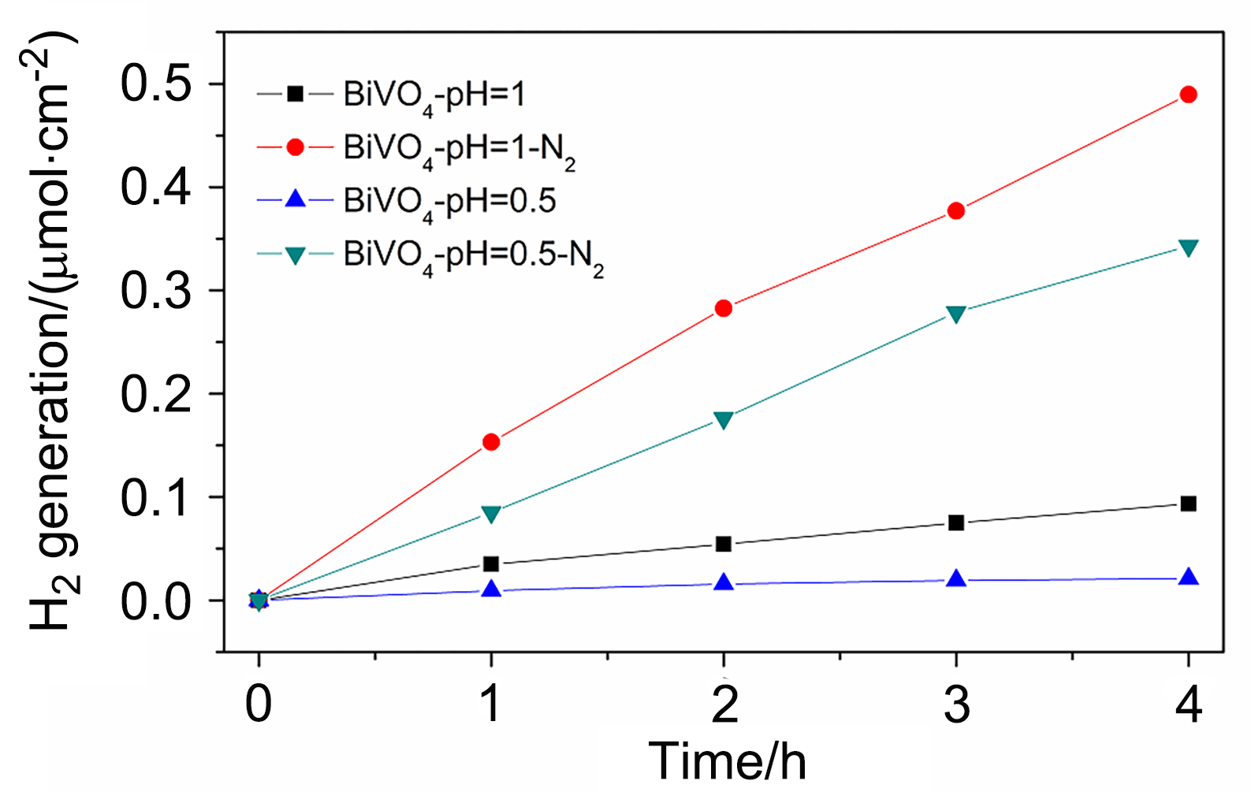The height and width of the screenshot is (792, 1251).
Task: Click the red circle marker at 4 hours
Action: point(1188,95)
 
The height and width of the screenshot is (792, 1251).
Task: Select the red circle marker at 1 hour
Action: point(491,442)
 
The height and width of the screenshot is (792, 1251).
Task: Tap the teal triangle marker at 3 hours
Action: point(956,314)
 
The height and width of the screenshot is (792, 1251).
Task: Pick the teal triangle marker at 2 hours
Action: point(724,419)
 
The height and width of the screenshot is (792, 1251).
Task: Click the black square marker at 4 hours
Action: point(1188,504)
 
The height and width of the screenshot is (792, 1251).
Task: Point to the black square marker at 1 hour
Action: point(491,564)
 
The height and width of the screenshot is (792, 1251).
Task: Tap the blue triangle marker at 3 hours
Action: point(956,579)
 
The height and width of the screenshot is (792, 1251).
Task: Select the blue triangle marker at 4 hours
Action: point(1188,578)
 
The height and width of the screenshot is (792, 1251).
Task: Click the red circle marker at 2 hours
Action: point(724,308)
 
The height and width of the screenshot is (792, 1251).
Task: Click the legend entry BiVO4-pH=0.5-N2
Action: point(473,257)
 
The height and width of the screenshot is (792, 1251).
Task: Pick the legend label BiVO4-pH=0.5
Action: point(449,203)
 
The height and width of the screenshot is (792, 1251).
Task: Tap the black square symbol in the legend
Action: point(295,94)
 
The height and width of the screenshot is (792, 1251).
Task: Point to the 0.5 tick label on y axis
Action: point(155,84)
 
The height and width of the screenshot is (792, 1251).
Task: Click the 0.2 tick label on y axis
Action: point(155,394)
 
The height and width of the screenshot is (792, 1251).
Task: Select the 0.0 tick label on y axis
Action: point(155,601)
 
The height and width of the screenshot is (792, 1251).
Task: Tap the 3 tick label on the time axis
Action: point(956,704)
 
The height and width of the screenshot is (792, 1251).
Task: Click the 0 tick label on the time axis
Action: point(259,704)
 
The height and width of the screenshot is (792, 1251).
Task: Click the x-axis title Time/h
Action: point(727,761)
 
